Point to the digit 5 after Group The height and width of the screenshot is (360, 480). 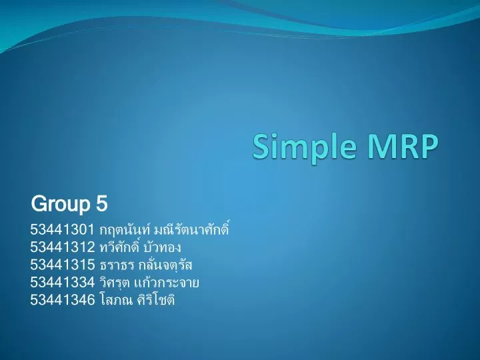103,202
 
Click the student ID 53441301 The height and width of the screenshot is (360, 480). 62,231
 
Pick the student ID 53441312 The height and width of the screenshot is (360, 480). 62,248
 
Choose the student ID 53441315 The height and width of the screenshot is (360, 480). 62,265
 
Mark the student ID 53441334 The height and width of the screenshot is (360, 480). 62,283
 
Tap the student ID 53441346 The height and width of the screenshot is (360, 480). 62,300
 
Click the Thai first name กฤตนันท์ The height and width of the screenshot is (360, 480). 125,231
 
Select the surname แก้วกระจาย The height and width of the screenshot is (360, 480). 167,283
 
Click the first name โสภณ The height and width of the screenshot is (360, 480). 115,300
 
